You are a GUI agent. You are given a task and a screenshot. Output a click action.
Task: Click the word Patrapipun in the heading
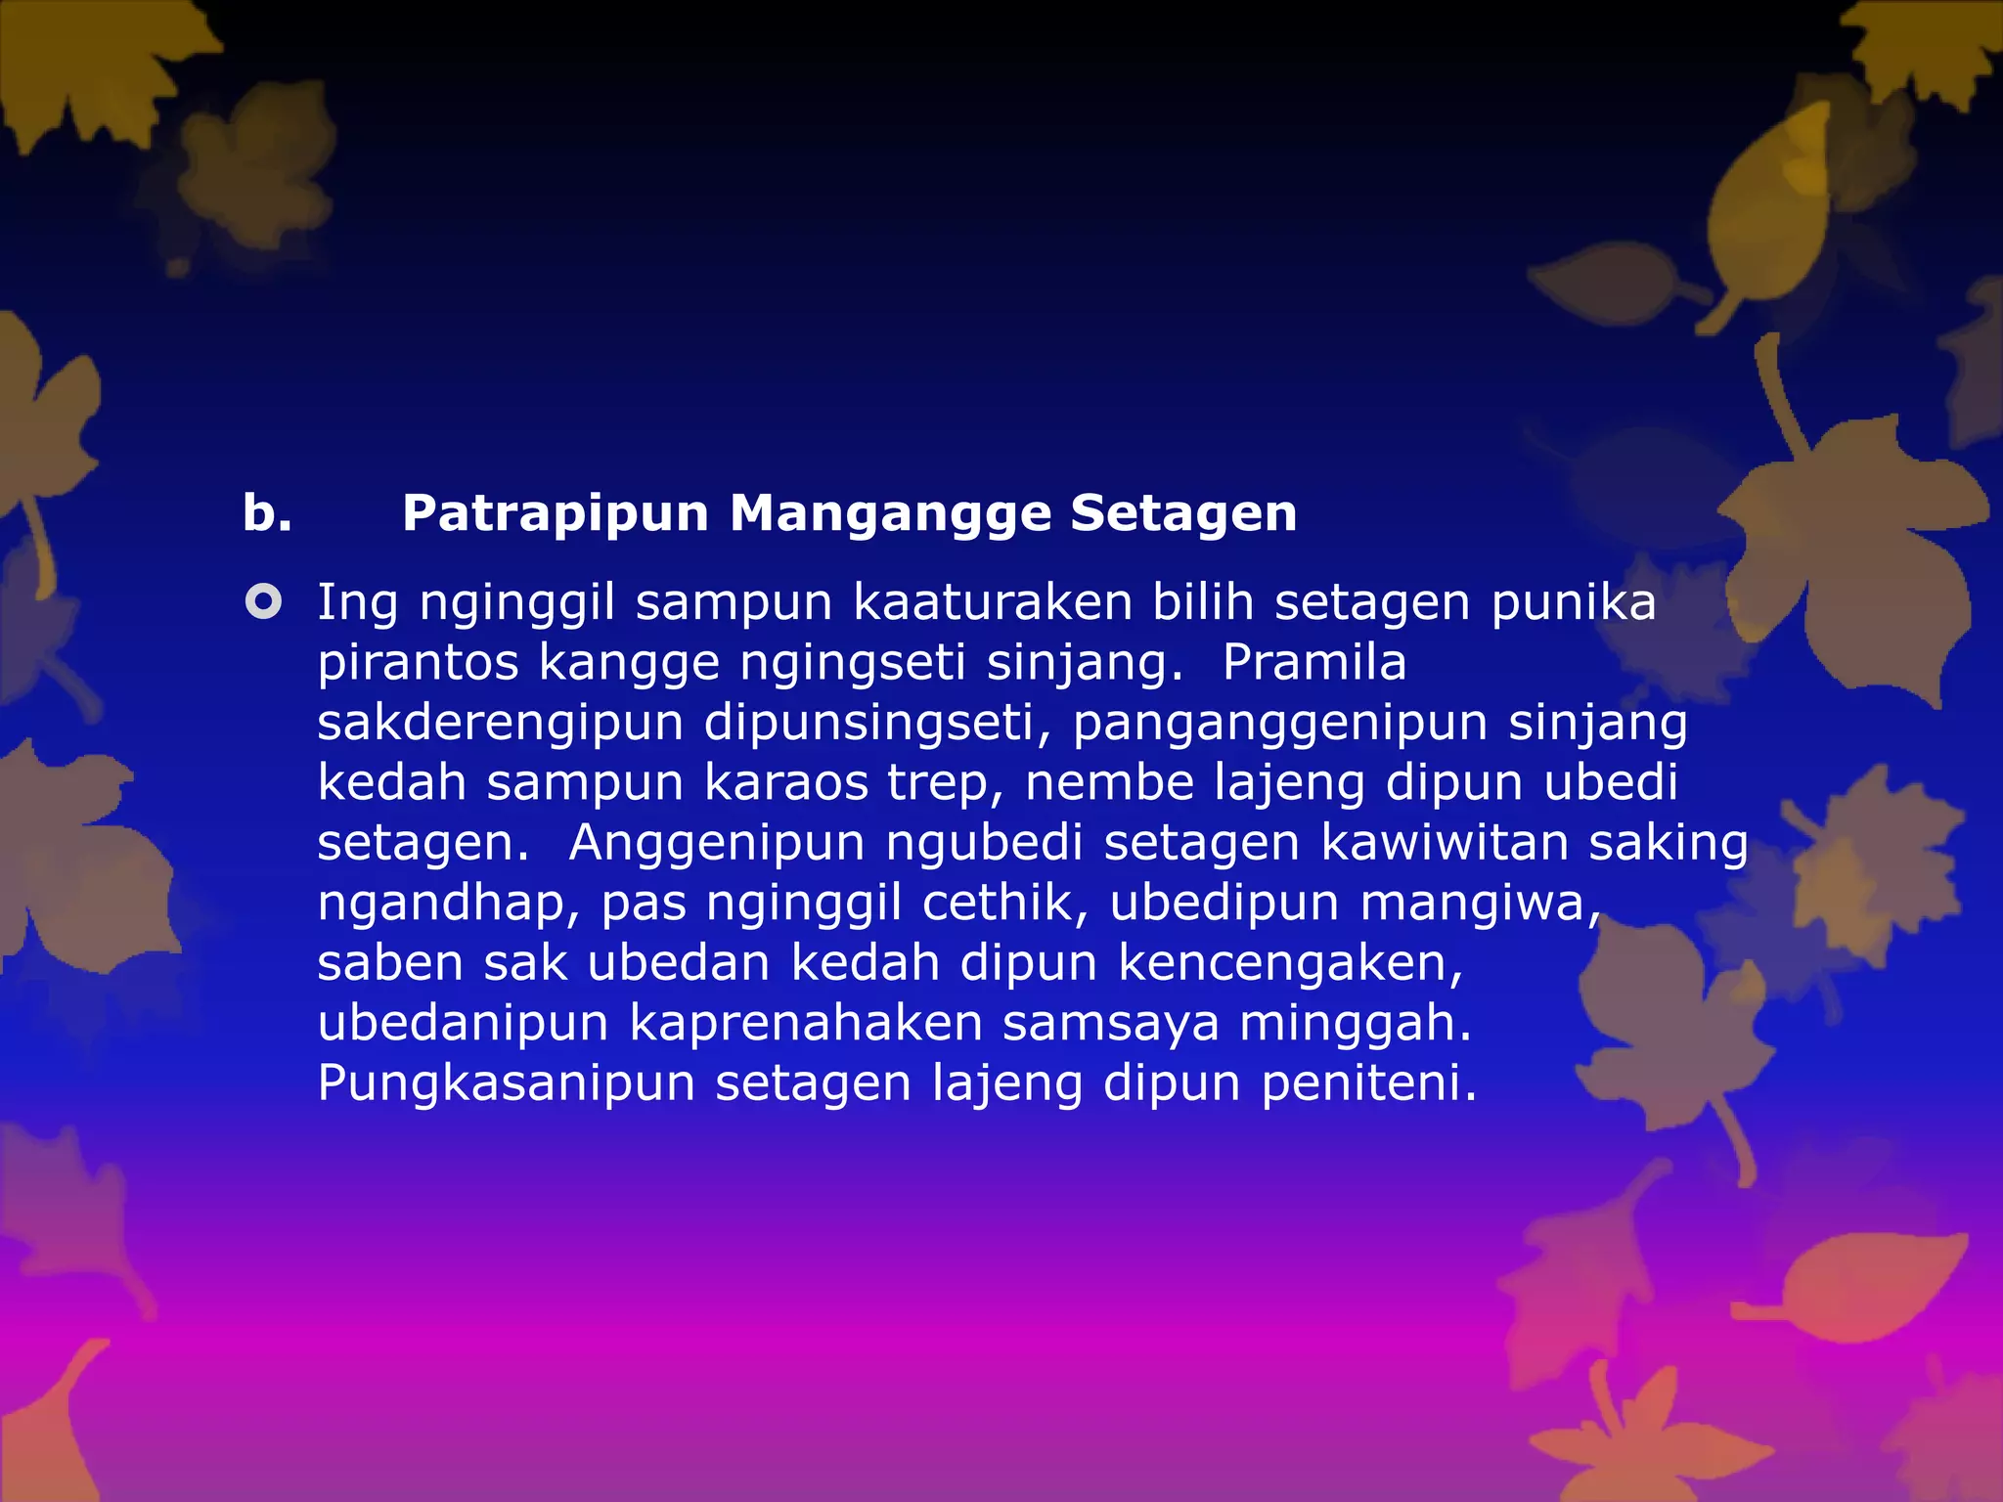[x=555, y=514]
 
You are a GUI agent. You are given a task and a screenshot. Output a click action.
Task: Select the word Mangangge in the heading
[x=889, y=514]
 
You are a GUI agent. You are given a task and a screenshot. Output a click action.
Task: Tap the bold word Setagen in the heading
[x=1182, y=514]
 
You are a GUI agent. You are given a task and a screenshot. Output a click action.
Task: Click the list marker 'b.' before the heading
[x=267, y=514]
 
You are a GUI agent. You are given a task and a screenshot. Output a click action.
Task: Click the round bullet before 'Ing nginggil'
[x=263, y=601]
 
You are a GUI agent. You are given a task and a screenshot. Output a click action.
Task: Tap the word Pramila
[x=1313, y=663]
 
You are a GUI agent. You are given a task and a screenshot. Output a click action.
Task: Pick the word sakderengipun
[x=500, y=724]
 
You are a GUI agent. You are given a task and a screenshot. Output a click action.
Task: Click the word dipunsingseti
[x=877, y=724]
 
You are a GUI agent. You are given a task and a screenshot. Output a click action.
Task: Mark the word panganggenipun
[x=1280, y=724]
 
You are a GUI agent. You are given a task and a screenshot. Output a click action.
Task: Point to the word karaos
[x=785, y=782]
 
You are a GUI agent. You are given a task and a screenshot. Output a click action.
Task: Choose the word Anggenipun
[x=717, y=843]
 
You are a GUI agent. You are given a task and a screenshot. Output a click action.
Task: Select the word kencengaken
[x=1290, y=963]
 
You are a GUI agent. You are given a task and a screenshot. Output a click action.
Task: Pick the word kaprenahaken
[x=805, y=1024]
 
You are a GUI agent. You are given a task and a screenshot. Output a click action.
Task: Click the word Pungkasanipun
[x=506, y=1083]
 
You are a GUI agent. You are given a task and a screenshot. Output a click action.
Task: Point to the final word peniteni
[x=1368, y=1083]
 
